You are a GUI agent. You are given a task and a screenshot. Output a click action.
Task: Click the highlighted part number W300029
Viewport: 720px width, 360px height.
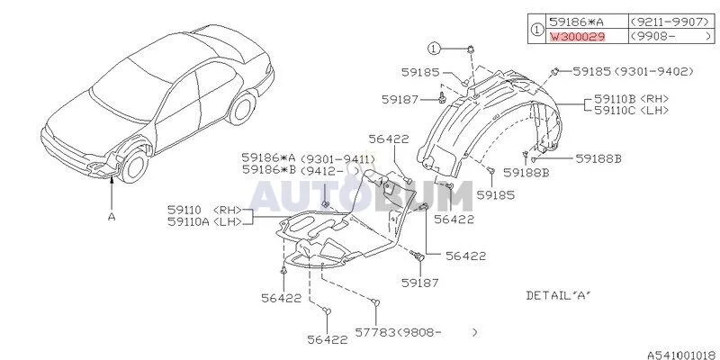tap(577, 37)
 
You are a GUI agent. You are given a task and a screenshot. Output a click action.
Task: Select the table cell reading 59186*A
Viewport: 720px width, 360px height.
tap(587, 21)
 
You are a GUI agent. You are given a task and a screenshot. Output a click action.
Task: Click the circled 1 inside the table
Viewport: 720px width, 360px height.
tap(535, 29)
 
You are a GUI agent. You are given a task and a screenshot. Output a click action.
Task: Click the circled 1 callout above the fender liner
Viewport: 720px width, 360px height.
tap(435, 48)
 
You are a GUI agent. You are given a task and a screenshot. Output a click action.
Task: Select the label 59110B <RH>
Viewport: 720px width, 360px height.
tap(632, 99)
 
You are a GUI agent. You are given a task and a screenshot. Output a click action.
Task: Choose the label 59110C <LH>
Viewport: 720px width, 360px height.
tap(632, 110)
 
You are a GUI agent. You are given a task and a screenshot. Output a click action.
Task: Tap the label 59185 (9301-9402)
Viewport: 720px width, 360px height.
tap(634, 72)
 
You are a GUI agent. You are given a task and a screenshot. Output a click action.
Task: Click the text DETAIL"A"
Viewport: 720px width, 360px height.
tap(559, 295)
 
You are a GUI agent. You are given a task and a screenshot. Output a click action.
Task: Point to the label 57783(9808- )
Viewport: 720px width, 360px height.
tap(417, 331)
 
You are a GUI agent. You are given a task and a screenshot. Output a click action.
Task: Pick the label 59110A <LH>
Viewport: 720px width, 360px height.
tap(205, 221)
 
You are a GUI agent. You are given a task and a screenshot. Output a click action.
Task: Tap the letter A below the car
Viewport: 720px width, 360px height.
tap(112, 216)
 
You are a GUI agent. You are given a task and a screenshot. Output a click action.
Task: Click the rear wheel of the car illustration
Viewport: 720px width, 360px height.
tap(242, 109)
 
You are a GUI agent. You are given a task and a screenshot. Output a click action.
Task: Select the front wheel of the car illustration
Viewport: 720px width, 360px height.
tap(134, 165)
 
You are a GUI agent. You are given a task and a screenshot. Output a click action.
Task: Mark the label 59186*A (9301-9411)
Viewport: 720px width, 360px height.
tap(308, 158)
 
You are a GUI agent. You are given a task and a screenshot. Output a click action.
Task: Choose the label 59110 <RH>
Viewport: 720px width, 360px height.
tap(205, 211)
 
